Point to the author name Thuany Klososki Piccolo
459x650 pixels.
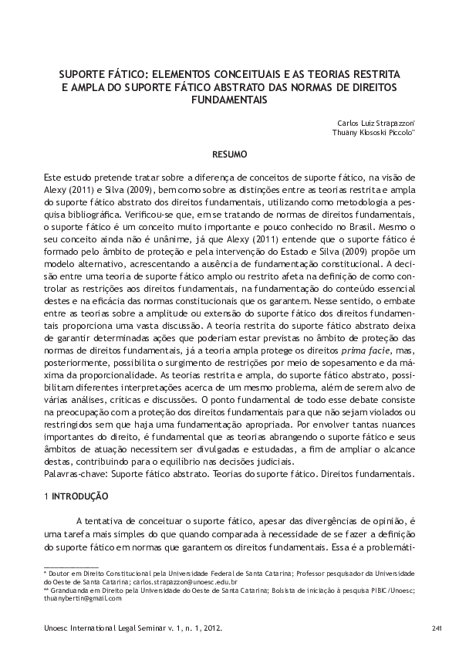[x=373, y=132]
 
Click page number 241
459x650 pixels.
[x=436, y=629]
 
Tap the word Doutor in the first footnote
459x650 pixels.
[x=60, y=574]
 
